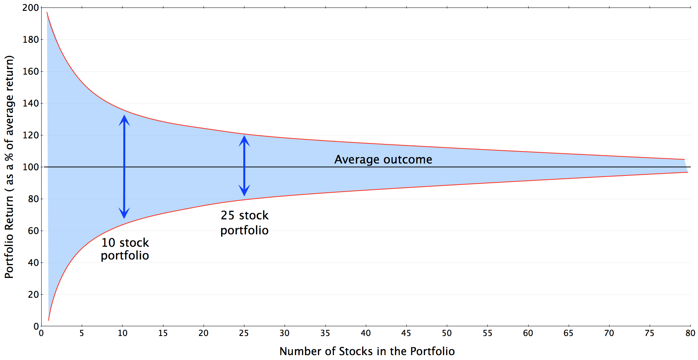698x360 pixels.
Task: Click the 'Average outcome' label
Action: tap(383, 159)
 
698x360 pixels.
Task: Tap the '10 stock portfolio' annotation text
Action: tap(125, 249)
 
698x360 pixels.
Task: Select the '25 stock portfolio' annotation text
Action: tap(244, 223)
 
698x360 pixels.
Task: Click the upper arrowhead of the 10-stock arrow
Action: tap(124, 120)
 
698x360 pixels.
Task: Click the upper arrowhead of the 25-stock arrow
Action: tap(244, 141)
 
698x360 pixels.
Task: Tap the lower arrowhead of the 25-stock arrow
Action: tap(244, 190)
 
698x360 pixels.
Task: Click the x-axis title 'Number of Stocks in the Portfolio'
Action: tap(367, 351)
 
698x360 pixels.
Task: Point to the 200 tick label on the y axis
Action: tap(30, 7)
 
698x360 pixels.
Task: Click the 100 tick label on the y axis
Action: tap(30, 167)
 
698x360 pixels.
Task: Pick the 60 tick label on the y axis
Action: tap(33, 231)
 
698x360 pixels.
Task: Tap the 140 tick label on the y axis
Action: tap(30, 103)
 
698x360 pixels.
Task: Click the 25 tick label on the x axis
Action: tap(244, 333)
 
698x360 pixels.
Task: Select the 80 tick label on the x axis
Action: tap(690, 333)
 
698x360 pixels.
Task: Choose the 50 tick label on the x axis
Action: tap(447, 333)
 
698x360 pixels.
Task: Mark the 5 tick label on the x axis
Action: tap(82, 333)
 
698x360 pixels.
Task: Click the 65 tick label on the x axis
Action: tap(568, 333)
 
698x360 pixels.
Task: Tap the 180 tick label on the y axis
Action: tap(30, 39)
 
